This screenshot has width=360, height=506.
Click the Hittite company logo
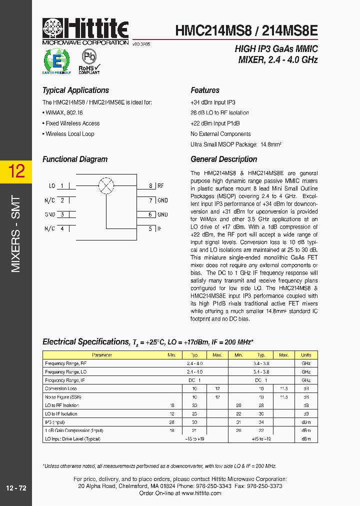coord(85,31)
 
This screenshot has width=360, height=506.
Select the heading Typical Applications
coord(75,90)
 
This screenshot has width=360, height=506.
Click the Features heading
coord(205,90)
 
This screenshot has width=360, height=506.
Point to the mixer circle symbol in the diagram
coord(105,186)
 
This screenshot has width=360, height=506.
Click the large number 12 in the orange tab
coord(16,171)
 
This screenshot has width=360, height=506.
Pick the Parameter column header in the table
coord(102,355)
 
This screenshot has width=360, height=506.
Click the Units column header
coord(306,355)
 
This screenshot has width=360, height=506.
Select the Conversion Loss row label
coord(61,388)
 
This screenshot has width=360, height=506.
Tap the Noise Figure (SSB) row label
coord(63,397)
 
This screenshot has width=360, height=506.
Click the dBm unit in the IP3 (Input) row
coord(306,422)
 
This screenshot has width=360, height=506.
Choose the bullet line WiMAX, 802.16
coord(62,113)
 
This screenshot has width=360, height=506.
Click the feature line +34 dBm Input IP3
coord(212,102)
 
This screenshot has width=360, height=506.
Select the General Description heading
coord(224,159)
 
